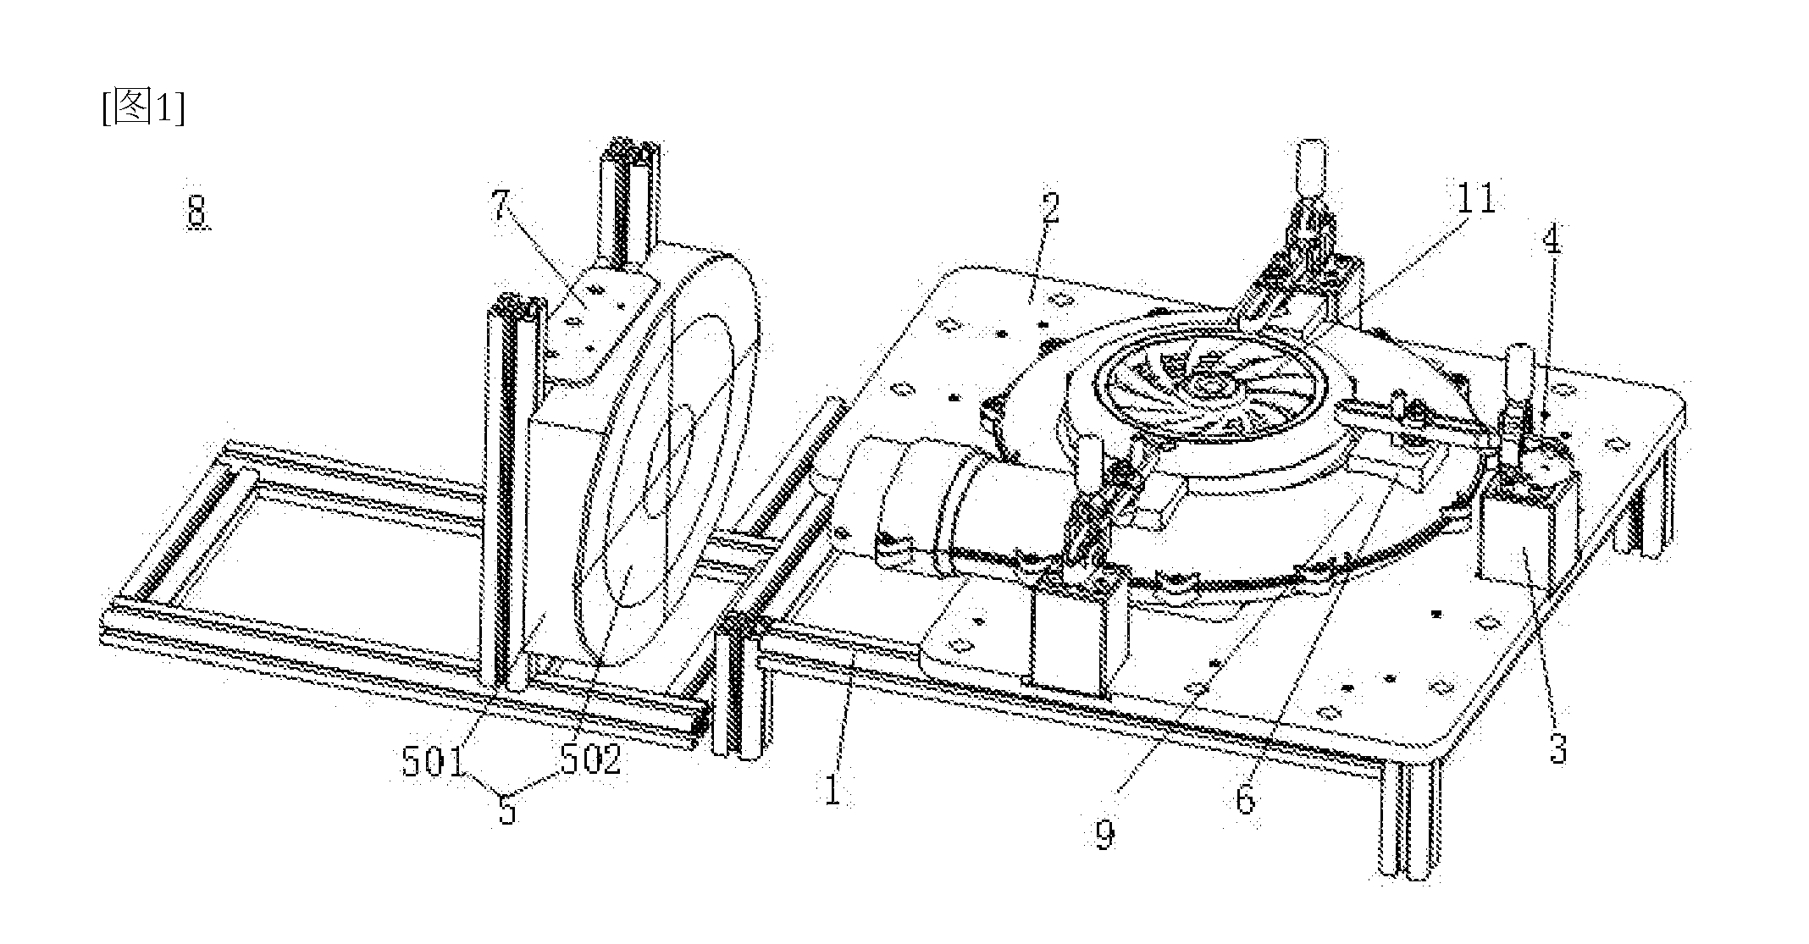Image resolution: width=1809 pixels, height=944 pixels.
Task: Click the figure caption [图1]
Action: (x=142, y=108)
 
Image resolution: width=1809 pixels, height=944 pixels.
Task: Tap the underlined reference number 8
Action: (x=196, y=210)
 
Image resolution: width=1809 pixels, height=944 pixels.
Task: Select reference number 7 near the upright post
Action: (x=501, y=207)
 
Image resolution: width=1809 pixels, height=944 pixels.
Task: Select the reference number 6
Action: (x=1244, y=798)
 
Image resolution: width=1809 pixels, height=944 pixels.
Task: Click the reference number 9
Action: (x=1104, y=833)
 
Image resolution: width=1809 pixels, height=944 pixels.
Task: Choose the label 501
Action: (x=434, y=761)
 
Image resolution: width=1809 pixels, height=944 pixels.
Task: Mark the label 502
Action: (x=590, y=759)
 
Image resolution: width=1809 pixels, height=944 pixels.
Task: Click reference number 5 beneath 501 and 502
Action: (x=507, y=809)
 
